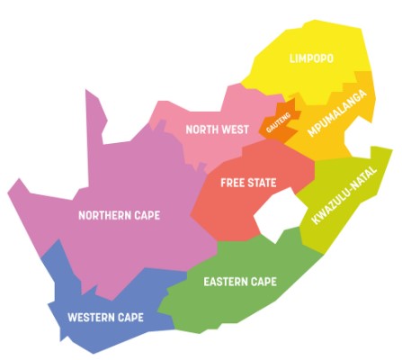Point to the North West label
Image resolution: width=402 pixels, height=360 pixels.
pos(217,130)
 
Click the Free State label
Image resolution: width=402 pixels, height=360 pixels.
pos(248,183)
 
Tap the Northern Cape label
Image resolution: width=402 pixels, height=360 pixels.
pos(119,215)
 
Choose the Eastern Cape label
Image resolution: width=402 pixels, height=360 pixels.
pos(240,282)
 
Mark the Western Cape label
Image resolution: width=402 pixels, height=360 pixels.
pos(106,318)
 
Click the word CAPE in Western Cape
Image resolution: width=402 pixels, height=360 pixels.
pos(129,318)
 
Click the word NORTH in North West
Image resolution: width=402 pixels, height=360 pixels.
pos(202,130)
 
